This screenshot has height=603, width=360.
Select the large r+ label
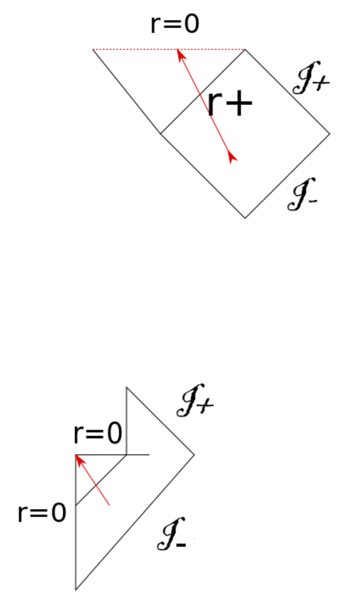coord(230,103)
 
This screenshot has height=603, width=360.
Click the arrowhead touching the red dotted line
coord(178,53)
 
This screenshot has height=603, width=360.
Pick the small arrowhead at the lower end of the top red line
coord(233,157)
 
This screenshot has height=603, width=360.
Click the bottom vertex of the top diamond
coord(245,218)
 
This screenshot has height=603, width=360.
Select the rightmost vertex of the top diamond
coord(330,133)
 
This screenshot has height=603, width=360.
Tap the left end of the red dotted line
coord(93,50)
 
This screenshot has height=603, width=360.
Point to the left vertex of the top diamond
coord(161,133)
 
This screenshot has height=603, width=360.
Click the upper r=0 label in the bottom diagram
coord(98,435)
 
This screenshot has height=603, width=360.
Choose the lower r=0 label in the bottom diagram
coord(42,513)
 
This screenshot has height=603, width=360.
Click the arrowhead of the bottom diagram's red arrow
coord(79,459)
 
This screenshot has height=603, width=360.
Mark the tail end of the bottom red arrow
coord(110,506)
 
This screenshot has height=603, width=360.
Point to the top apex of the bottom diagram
coord(126,387)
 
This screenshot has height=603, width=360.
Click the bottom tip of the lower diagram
coord(76,589)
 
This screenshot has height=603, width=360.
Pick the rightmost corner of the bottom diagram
coord(194,454)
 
